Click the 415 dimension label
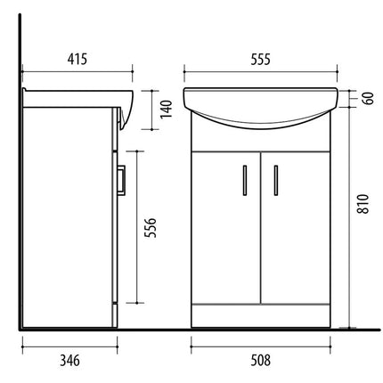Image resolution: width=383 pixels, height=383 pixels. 77,59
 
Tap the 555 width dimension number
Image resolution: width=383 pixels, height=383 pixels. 261,59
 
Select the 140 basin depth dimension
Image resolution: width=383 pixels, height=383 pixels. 167,109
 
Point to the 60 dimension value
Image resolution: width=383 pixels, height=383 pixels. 368,98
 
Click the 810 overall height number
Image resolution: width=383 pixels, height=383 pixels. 363,204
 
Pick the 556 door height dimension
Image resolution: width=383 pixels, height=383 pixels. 150,228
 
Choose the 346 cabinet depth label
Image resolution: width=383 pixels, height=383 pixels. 69,361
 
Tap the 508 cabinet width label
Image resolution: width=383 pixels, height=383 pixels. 261,361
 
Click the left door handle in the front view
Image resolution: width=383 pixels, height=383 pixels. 245,180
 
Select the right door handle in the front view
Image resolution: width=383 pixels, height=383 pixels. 276,180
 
